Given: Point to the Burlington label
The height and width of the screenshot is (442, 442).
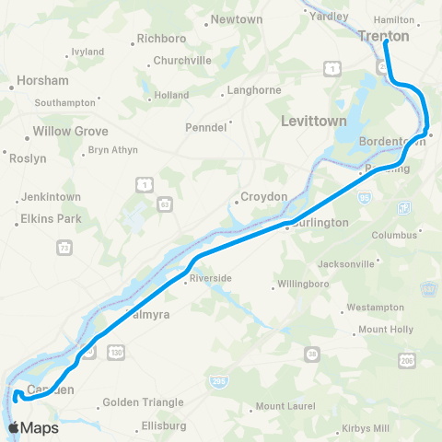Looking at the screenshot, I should pyautogui.click(x=319, y=223).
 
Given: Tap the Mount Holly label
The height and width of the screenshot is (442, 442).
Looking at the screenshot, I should pyautogui.click(x=385, y=329).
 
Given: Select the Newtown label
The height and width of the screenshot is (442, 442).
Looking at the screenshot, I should pyautogui.click(x=237, y=19).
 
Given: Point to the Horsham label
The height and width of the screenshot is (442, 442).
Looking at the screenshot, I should pyautogui.click(x=39, y=83).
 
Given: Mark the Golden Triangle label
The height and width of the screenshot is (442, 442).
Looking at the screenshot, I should pyautogui.click(x=143, y=402).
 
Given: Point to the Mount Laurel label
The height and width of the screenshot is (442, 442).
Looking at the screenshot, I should pyautogui.click(x=285, y=406).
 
